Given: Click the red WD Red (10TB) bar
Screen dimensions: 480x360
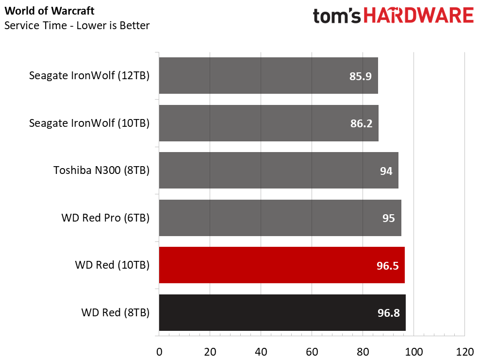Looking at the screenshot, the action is coord(281,265).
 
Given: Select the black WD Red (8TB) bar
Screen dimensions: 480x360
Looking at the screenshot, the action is coord(282,312).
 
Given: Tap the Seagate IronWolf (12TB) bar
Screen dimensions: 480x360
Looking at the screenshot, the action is coord(268,75).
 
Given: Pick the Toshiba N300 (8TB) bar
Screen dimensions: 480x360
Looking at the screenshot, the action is coord(279,171).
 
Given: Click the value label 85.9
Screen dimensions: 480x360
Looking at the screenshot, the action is coord(360,76).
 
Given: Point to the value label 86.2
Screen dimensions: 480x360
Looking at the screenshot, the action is coord(361,123).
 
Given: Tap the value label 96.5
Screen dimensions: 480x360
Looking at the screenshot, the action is coord(388,266).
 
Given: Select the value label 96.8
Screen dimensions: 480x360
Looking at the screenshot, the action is coord(388,313).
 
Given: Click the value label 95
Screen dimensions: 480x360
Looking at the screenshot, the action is coord(388,218).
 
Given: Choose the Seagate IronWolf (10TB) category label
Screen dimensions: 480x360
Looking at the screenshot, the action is coord(89,123).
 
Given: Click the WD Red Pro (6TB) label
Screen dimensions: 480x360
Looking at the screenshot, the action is coord(105,218).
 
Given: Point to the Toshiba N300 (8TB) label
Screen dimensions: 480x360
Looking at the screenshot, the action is coord(101,171).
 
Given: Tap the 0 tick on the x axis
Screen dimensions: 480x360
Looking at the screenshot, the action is coord(159,352).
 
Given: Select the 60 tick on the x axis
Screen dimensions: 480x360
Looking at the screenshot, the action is coord(312,352).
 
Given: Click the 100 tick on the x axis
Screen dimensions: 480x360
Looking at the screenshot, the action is coord(414,352).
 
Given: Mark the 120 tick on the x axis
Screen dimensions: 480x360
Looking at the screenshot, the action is coord(464,352).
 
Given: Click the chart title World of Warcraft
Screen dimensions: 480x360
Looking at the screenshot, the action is coord(50,11).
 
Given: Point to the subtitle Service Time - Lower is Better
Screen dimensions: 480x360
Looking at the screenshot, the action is coord(77,25).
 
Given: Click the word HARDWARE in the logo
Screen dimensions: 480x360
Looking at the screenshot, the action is coord(418,16).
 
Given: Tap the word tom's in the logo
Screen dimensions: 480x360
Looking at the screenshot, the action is coord(337,16).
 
